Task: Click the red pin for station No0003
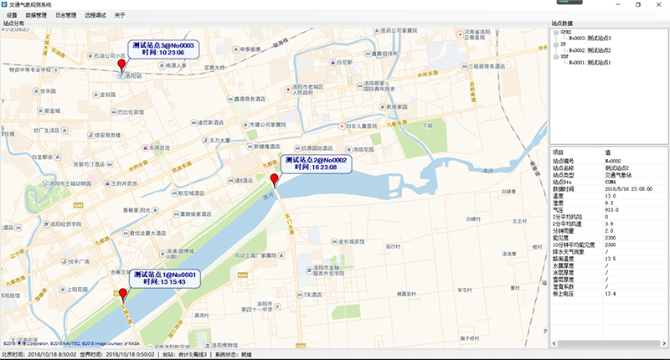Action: (x=121, y=66)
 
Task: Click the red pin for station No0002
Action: (x=274, y=180)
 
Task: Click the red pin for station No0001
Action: (x=123, y=294)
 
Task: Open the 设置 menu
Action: (x=12, y=15)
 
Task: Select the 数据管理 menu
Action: (x=36, y=15)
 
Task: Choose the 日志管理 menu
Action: (x=66, y=15)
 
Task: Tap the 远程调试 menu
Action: (x=96, y=15)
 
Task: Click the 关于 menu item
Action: (x=120, y=15)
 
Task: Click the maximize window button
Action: (x=637, y=4)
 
